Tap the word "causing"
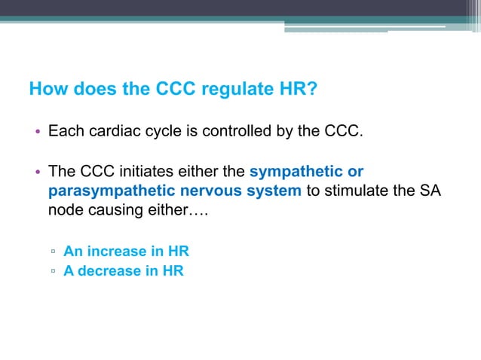[x=117, y=209]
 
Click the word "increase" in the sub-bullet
[x=117, y=252]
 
